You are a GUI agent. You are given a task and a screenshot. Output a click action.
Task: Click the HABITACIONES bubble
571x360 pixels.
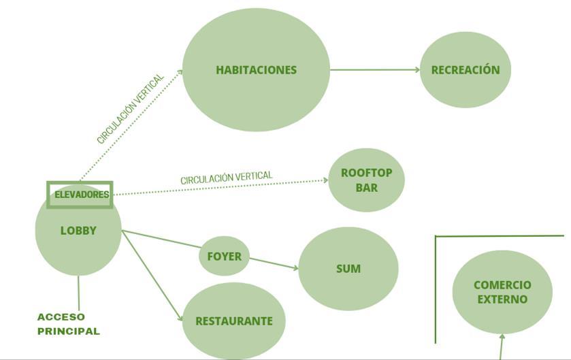[256, 69]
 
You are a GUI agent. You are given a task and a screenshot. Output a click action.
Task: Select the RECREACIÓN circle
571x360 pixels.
[465, 69]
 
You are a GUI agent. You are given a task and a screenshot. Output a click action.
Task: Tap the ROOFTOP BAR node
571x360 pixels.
[366, 180]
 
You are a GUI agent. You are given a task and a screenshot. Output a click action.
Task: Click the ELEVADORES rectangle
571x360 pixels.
[80, 195]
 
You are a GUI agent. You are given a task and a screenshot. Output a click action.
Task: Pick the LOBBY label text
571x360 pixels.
[78, 231]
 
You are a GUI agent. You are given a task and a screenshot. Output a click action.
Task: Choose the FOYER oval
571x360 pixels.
[224, 257]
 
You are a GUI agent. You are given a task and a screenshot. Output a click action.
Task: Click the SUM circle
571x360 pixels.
[348, 269]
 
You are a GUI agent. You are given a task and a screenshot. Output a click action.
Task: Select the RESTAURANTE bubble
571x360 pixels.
[233, 321]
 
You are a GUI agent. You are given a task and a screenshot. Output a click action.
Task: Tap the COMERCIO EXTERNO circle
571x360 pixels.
[502, 292]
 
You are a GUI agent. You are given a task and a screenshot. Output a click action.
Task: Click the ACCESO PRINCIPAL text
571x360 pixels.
[68, 324]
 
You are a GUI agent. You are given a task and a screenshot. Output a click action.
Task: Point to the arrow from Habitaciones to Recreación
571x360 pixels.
[374, 69]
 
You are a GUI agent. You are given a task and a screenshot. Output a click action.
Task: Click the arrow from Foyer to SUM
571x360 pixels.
[274, 263]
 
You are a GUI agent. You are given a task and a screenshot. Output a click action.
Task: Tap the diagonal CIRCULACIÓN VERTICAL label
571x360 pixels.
[131, 108]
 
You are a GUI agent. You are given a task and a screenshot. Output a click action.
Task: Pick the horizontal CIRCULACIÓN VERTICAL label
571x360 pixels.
[226, 177]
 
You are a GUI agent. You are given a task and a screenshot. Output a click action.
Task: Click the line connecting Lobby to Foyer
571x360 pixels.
[161, 239]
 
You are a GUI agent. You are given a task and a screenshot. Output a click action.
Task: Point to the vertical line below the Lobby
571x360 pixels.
[78, 293]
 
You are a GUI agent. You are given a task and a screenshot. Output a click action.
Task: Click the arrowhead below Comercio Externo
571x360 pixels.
[502, 337]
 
